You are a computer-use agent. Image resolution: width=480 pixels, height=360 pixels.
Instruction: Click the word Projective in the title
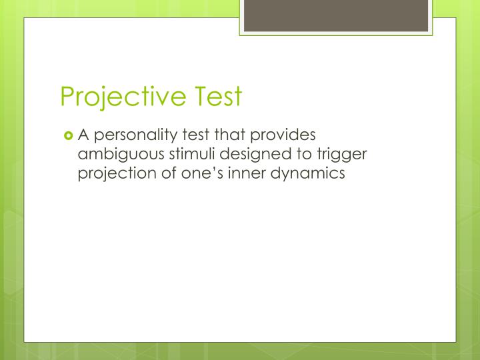pyautogui.click(x=120, y=97)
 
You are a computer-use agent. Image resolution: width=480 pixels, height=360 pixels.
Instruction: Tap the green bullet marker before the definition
pyautogui.click(x=69, y=136)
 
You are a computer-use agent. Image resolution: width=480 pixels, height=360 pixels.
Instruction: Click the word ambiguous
pyautogui.click(x=116, y=155)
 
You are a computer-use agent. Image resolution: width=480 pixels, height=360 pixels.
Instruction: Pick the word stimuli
pyautogui.click(x=182, y=155)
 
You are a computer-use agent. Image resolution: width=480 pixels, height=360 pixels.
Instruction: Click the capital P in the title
pyautogui.click(x=67, y=97)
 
